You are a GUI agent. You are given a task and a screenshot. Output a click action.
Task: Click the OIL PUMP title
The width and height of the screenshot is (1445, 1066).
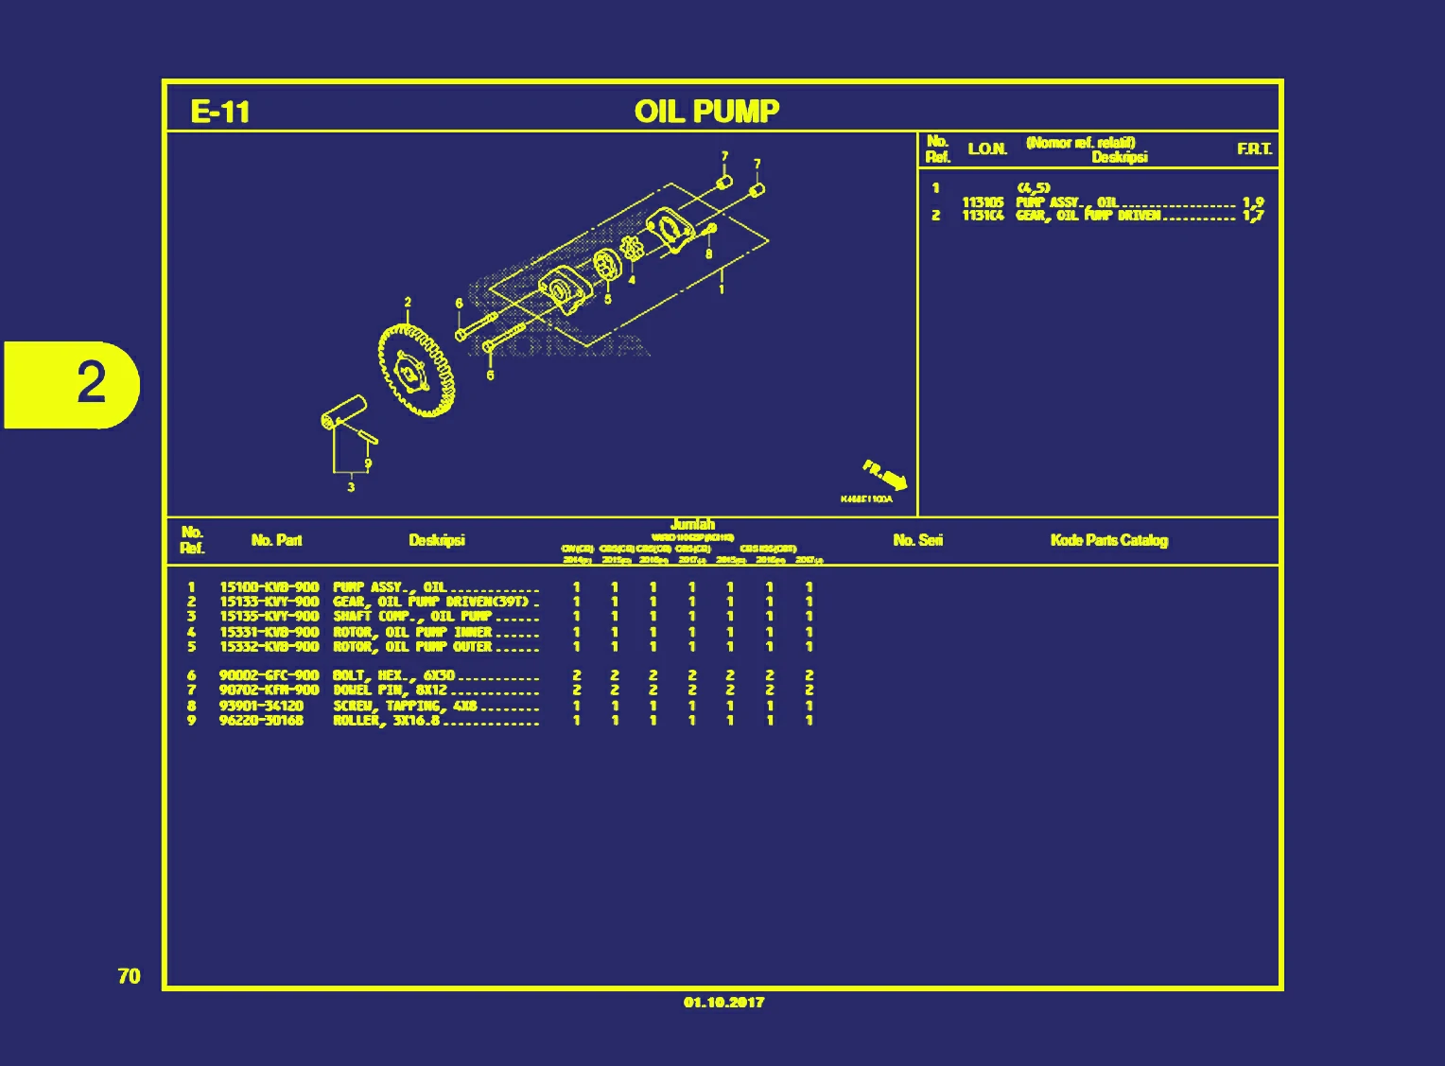pos(706,111)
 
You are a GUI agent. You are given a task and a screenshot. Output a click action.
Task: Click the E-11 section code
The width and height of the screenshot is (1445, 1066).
pos(220,112)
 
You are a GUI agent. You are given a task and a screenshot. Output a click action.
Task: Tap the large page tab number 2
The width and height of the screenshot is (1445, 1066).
pos(90,383)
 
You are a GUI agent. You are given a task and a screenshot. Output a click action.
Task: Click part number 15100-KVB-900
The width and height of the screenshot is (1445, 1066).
pos(269,587)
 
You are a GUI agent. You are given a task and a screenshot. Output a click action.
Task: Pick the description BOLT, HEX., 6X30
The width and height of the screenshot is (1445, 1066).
pos(393,675)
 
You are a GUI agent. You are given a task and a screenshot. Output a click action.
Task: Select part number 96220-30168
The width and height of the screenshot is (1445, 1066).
pos(261,721)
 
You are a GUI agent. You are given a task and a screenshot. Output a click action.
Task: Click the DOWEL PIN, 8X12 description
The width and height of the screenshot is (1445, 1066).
pos(390,690)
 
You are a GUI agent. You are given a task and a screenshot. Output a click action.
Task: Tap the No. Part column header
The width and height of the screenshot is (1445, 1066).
pos(276,540)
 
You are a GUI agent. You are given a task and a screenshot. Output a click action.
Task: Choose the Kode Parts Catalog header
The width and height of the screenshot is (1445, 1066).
pos(1108,540)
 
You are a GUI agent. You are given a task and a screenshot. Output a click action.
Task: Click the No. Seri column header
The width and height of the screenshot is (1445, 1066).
pos(917,540)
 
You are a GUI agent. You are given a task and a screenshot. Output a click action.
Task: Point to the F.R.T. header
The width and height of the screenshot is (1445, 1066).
pos(1254,149)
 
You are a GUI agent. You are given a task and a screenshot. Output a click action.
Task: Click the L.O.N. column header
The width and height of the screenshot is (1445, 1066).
pos(987,149)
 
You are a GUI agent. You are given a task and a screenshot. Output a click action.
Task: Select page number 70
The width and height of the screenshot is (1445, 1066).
pos(130,976)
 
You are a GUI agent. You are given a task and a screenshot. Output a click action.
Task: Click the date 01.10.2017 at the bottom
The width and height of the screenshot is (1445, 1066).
pos(723,1003)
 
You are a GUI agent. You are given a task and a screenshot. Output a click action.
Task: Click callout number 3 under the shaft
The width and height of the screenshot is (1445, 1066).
pos(351,487)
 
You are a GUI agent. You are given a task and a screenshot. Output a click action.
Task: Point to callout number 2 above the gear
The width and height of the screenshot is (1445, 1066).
pos(408,303)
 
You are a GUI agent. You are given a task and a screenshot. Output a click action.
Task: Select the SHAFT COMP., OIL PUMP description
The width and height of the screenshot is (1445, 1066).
pos(411,617)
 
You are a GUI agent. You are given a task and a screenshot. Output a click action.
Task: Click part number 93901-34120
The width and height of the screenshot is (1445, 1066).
pos(261,706)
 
